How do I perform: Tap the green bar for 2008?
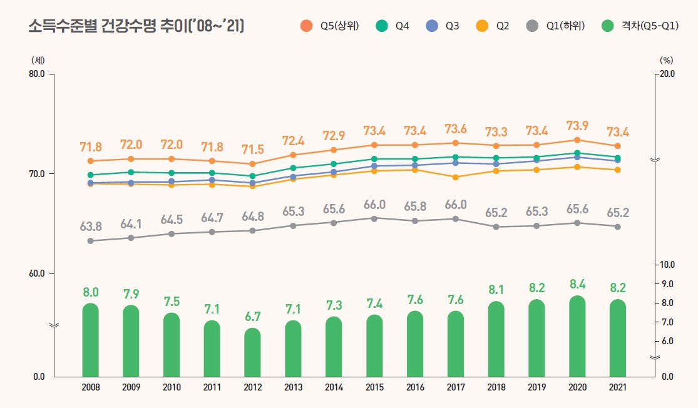point(91,340)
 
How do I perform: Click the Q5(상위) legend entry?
point(329,26)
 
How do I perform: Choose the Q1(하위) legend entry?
point(557,26)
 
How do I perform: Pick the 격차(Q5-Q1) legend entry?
point(637,26)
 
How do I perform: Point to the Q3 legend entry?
point(443,26)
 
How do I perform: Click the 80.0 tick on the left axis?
point(38,74)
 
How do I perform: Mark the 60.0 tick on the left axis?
point(38,274)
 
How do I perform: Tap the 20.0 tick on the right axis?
point(666,74)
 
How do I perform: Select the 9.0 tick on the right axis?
point(666,284)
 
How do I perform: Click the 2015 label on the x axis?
point(374,387)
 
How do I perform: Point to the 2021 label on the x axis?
point(617,387)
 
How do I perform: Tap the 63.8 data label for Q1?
point(91,227)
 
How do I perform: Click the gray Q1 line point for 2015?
point(374,218)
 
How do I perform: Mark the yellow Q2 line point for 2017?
point(455,177)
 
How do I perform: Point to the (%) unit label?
point(666,60)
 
